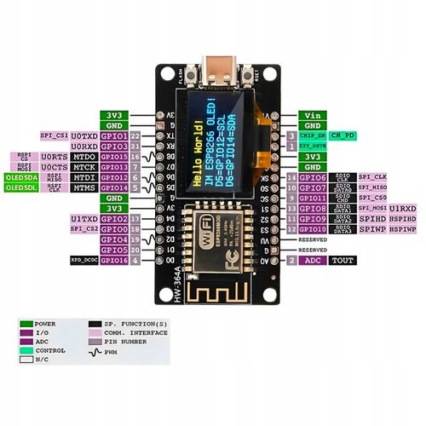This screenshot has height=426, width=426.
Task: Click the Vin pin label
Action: click(x=313, y=113)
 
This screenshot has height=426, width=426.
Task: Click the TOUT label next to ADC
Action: click(x=343, y=261)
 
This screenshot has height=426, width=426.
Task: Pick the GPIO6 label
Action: click(x=313, y=177)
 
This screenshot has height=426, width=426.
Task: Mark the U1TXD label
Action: click(x=83, y=219)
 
